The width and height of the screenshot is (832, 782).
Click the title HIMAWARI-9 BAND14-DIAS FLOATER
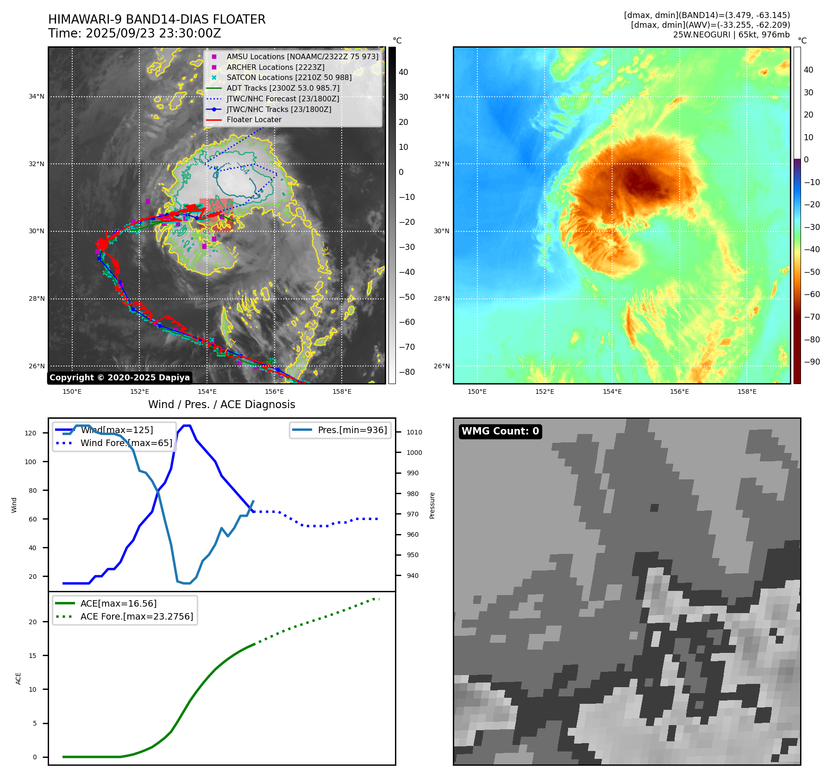click(156, 19)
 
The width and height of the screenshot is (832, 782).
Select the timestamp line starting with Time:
click(134, 33)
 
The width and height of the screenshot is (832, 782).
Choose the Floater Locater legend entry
click(254, 119)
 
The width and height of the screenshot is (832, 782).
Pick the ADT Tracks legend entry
click(283, 88)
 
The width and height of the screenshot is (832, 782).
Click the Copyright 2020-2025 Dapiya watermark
click(119, 378)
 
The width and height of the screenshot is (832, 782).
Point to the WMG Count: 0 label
click(500, 431)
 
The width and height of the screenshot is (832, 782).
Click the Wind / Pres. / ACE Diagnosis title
click(221, 404)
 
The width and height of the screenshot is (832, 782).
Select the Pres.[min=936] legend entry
click(352, 430)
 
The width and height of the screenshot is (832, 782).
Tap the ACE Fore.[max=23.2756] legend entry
click(137, 616)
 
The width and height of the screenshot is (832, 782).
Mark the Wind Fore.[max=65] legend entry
click(126, 443)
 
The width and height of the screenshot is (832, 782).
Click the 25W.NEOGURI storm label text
click(701, 35)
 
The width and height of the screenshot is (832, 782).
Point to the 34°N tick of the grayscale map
click(37, 97)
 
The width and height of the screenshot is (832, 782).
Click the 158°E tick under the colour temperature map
click(747, 391)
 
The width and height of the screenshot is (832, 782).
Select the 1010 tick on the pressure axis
click(414, 432)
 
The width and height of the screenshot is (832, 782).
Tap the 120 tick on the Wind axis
click(31, 433)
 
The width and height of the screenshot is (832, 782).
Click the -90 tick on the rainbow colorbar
click(812, 362)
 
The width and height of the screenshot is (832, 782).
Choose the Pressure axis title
click(432, 505)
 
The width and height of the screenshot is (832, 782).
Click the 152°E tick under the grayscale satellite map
click(139, 391)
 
